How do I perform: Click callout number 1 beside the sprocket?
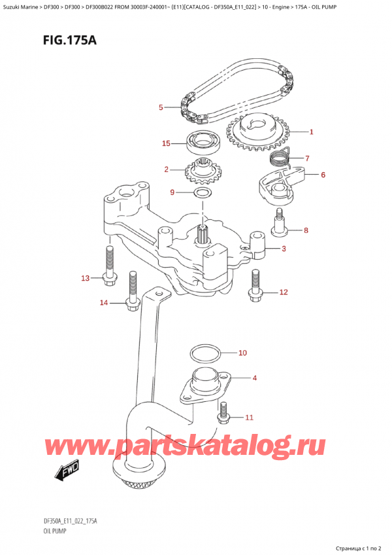pos(312,132)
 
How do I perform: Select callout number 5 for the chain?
pos(161,107)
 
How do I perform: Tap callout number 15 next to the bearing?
pos(167,143)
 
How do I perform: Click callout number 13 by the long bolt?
pos(85,279)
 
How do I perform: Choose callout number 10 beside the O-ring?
pos(242,353)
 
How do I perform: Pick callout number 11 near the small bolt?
pos(248,417)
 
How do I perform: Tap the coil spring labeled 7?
pos(280,158)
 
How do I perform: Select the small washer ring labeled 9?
pos(202,193)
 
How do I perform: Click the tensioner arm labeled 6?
pos(280,183)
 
